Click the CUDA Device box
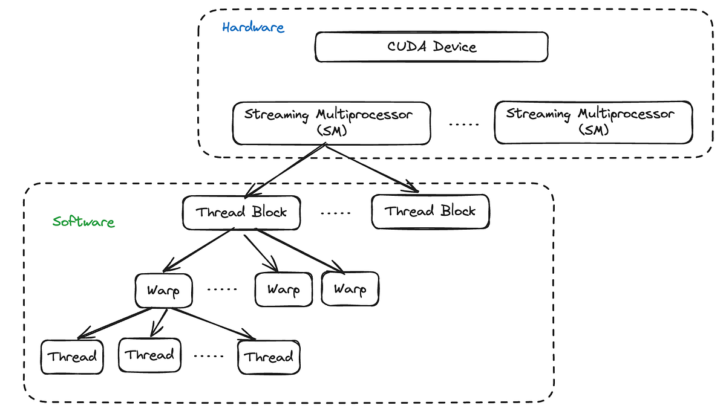tap(431, 47)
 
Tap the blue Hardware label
tap(253, 27)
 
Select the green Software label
tap(83, 221)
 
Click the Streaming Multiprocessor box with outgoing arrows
tap(332, 123)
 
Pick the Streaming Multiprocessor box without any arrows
tap(593, 123)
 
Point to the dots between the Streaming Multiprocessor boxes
tap(464, 124)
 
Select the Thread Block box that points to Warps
tap(241, 212)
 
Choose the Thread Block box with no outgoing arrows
tap(430, 212)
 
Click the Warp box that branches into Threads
tap(163, 291)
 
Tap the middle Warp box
tap(284, 289)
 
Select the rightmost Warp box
tap(350, 289)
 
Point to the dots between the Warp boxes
tap(222, 289)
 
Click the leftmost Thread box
tap(72, 357)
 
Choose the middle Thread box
tap(149, 355)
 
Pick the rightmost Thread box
tap(269, 357)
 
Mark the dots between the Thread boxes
tap(209, 356)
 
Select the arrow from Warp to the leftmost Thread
tap(115, 323)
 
